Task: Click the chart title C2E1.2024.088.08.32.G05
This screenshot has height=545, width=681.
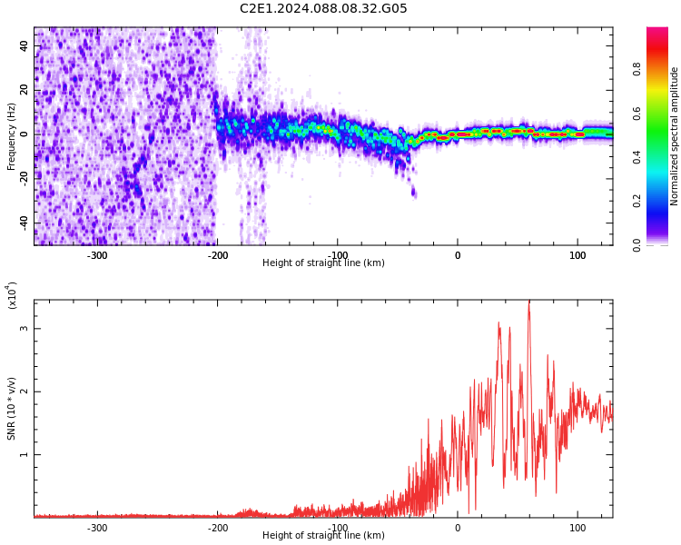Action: [x=323, y=9]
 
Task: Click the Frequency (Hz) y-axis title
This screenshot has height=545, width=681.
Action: [x=12, y=135]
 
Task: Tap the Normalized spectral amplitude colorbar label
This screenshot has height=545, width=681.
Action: [x=675, y=135]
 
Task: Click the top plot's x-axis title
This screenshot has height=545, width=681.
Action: [x=323, y=263]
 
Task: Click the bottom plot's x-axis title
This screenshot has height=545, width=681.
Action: [x=323, y=536]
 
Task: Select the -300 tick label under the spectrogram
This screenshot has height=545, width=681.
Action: [x=97, y=255]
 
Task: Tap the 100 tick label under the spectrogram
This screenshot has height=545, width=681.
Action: [x=577, y=255]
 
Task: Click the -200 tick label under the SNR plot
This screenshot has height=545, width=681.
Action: [x=218, y=528]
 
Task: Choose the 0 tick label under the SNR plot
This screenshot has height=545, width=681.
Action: [x=458, y=528]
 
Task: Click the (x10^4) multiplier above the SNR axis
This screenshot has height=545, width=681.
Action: [x=12, y=294]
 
